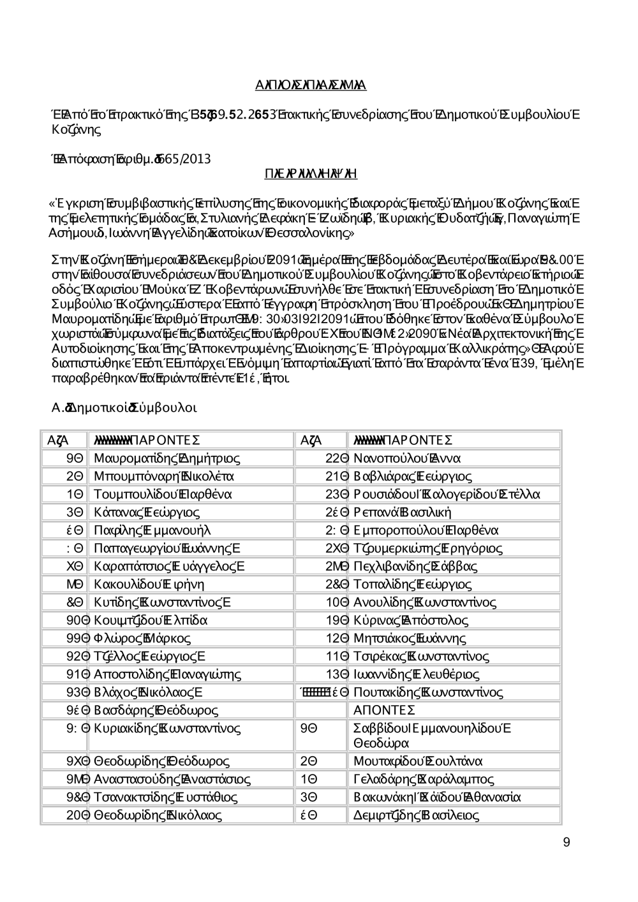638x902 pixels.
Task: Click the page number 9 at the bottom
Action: (x=567, y=843)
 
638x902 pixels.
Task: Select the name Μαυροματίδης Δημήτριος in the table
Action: (x=167, y=458)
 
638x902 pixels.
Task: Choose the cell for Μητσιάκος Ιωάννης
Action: (x=409, y=638)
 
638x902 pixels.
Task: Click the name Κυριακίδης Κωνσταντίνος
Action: (x=167, y=728)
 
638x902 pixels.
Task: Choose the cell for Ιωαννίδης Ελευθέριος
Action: (x=416, y=674)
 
